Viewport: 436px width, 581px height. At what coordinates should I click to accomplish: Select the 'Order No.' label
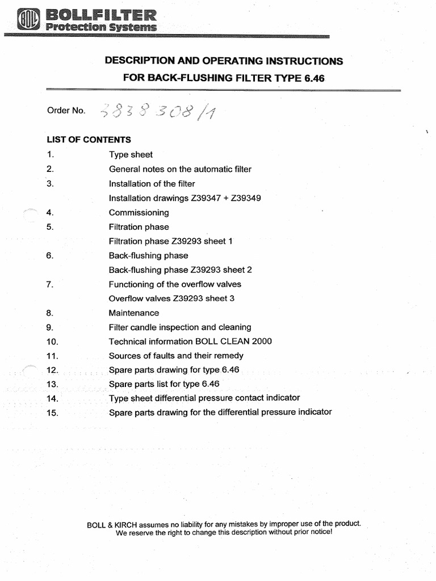[x=66, y=111]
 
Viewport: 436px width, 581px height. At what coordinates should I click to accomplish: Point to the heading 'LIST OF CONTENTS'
[x=89, y=140]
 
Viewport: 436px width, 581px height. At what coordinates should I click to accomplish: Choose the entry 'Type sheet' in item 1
[x=131, y=154]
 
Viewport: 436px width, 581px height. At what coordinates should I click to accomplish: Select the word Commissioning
[x=139, y=213]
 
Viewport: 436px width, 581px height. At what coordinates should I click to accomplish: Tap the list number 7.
[x=50, y=284]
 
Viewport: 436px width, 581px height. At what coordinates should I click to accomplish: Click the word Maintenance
[x=134, y=313]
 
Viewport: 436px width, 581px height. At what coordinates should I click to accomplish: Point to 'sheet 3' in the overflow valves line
[x=221, y=298]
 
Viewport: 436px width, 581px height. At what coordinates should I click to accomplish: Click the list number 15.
[x=53, y=413]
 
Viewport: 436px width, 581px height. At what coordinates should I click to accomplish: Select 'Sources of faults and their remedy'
[x=176, y=356]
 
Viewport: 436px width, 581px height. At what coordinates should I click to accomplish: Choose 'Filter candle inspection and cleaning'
[x=180, y=327]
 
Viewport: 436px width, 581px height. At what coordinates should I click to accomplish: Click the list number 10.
[x=53, y=342]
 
